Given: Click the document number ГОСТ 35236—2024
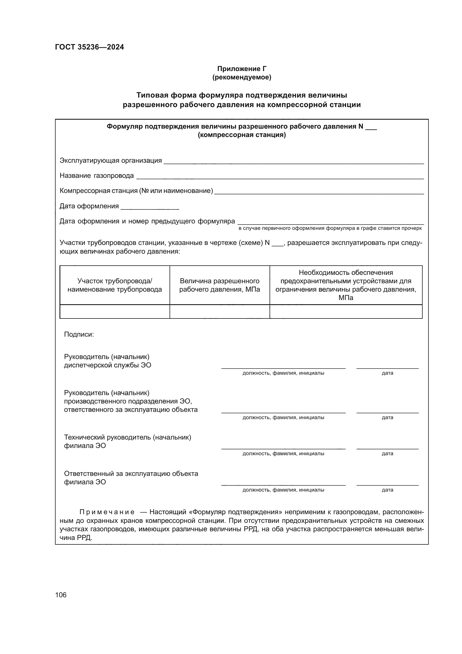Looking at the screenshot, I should coord(89,47).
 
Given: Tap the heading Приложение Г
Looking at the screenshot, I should coord(242,69).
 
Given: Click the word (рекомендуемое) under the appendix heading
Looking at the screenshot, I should coord(242,77).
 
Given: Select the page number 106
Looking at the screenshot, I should coord(61,595).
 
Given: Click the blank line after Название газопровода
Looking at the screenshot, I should coord(280,177).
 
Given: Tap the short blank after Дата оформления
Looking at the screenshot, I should coord(150,207).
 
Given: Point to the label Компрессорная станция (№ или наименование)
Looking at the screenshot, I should coord(136,191).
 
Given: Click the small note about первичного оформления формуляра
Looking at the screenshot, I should coord(330,228).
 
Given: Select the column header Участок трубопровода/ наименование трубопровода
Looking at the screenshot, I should coord(115,285).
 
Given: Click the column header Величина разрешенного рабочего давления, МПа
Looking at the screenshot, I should coord(219,285).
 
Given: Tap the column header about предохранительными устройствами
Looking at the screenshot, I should coord(346,285).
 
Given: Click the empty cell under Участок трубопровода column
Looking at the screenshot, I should coord(115,311).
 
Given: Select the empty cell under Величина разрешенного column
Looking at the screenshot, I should coord(219,311).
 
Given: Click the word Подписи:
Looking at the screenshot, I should coord(79,334).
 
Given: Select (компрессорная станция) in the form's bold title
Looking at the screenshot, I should coord(242,135).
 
